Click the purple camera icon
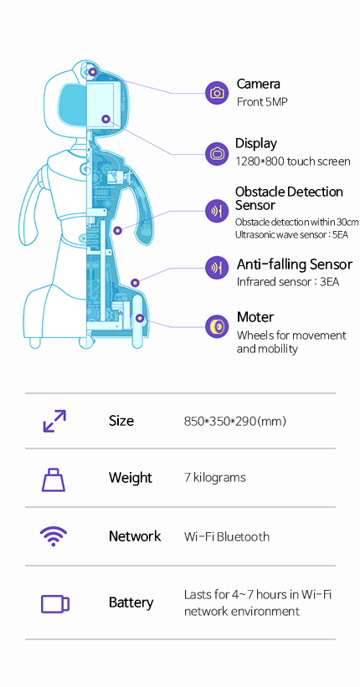[x=217, y=93]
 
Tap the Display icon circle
[x=217, y=154]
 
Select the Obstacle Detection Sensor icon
[x=217, y=211]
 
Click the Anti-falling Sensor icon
[x=217, y=267]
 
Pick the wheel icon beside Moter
[x=217, y=326]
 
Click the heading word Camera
[x=258, y=84]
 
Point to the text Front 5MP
[x=262, y=102]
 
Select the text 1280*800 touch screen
[x=293, y=161]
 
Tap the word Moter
[x=255, y=317]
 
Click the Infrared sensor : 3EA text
[x=288, y=282]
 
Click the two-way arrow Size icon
[x=54, y=421]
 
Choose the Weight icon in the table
[x=54, y=479]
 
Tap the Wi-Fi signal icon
[x=54, y=536]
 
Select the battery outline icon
[x=55, y=603]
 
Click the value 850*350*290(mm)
[x=235, y=422]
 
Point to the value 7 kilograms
[x=215, y=477]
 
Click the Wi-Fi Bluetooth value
[x=227, y=536]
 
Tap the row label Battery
[x=131, y=602]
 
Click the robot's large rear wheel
[x=140, y=319]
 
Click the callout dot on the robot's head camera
[x=92, y=71]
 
